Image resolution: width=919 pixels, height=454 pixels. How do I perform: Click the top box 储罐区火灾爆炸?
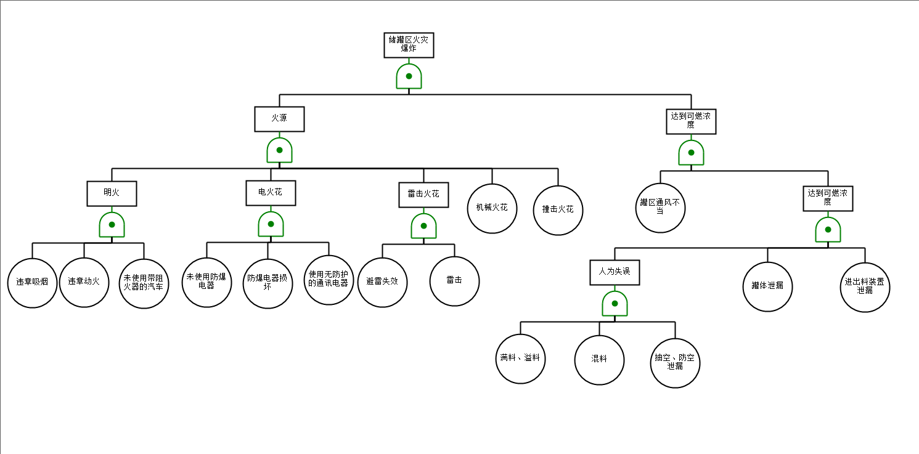pyautogui.click(x=409, y=45)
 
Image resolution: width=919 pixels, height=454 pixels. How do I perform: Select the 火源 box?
pyautogui.click(x=279, y=119)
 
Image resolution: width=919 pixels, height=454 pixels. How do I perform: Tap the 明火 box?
pyautogui.click(x=112, y=193)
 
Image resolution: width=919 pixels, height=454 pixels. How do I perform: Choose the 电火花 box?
pyautogui.click(x=271, y=193)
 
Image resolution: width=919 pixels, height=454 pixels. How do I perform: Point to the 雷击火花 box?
pyautogui.click(x=423, y=195)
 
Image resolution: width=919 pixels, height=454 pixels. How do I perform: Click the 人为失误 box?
pyautogui.click(x=615, y=272)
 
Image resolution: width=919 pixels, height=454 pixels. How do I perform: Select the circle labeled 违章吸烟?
pyautogui.click(x=32, y=283)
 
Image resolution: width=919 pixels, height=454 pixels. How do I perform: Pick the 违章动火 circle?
pyautogui.click(x=84, y=283)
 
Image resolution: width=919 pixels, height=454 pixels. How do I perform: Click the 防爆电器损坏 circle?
pyautogui.click(x=268, y=283)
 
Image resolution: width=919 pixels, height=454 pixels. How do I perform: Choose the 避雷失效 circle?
pyautogui.click(x=382, y=282)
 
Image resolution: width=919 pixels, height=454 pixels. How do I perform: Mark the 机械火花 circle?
pyautogui.click(x=492, y=208)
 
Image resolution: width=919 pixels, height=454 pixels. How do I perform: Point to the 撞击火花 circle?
pyautogui.click(x=558, y=210)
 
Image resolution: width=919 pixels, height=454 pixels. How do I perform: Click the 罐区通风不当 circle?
pyautogui.click(x=660, y=208)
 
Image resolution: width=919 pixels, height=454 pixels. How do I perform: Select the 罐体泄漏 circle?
pyautogui.click(x=767, y=286)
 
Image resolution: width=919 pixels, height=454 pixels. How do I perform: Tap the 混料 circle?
pyautogui.click(x=599, y=360)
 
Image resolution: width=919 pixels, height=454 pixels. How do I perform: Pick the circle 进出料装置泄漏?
pyautogui.click(x=865, y=287)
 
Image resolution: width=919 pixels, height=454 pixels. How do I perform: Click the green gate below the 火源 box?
pyautogui.click(x=279, y=150)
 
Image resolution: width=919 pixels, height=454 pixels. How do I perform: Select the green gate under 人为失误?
pyautogui.click(x=615, y=304)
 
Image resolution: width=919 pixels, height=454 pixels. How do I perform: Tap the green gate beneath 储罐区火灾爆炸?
pyautogui.click(x=409, y=76)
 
